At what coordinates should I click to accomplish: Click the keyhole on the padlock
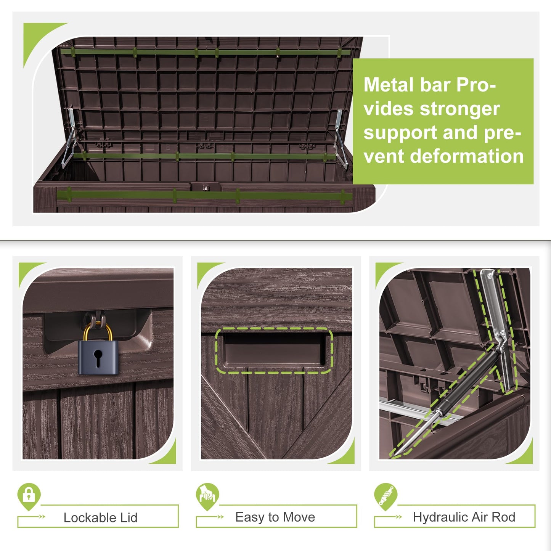[98, 358]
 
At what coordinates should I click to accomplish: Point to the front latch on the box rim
[206, 188]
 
